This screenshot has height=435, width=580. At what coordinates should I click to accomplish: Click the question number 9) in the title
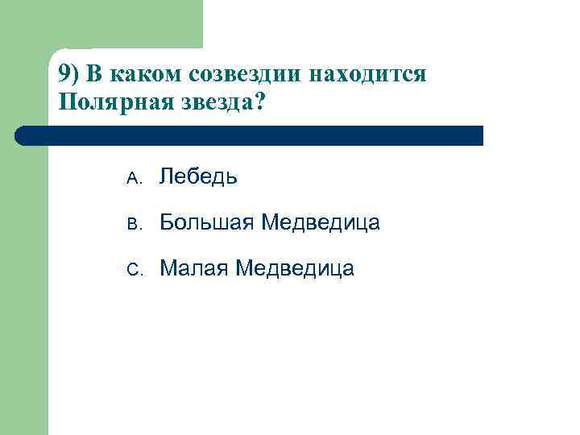(x=69, y=75)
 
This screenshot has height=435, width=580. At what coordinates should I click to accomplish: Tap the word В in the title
(x=95, y=75)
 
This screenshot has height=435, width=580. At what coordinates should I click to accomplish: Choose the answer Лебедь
(x=198, y=176)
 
